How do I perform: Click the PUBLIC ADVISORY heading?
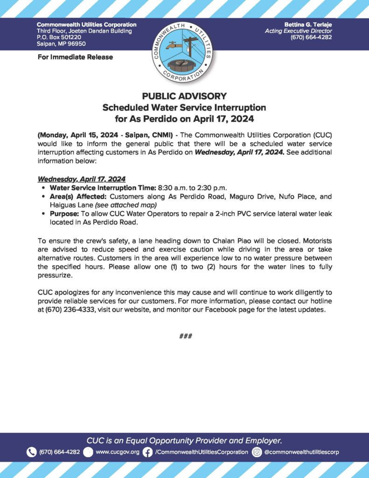184,96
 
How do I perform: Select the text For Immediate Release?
75,57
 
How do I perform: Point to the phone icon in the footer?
32,452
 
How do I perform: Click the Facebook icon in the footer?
147,452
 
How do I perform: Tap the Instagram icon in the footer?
257,452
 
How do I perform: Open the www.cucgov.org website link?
117,452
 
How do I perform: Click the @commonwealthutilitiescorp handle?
301,452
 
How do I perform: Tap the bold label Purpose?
64,213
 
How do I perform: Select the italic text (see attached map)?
125,205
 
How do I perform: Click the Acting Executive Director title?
298,31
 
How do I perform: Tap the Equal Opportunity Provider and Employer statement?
184,440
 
